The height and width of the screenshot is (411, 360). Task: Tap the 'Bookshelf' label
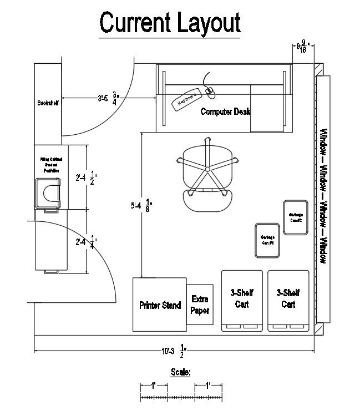[x=48, y=103]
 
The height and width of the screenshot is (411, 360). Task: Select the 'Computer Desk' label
[x=226, y=111]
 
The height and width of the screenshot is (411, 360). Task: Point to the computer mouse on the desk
[x=210, y=90]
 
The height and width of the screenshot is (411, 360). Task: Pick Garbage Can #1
[x=267, y=240]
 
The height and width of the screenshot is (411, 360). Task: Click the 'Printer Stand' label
[x=160, y=305]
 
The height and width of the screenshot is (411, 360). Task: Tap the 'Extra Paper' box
[x=200, y=305]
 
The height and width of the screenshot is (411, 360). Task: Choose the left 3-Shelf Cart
[x=241, y=300]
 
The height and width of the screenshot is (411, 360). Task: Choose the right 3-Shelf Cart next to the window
[x=288, y=300]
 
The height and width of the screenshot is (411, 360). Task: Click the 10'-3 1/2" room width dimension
[x=174, y=351]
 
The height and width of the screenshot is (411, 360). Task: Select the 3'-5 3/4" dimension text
[x=108, y=98]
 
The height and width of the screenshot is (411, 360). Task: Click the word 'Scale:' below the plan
[x=181, y=372]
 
